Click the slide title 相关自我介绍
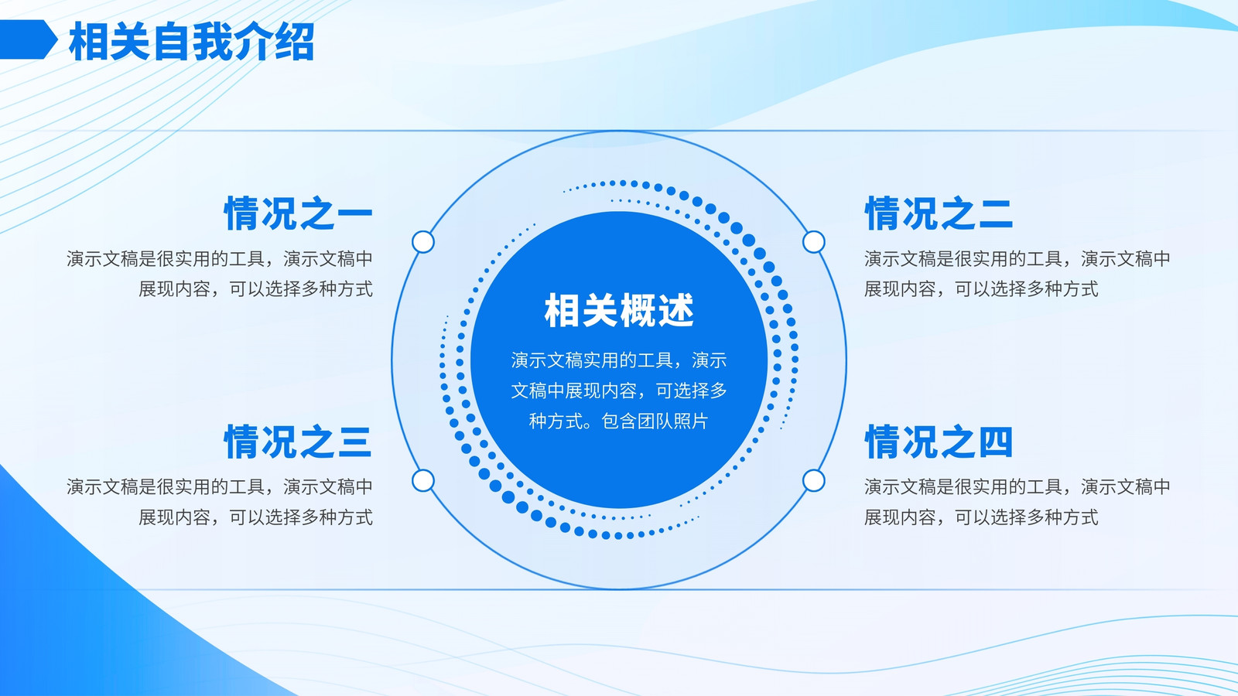click(x=192, y=42)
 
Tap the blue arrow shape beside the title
click(x=28, y=39)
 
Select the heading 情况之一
click(x=299, y=213)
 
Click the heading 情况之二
click(x=939, y=213)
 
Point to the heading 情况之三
click(x=299, y=442)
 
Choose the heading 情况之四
click(x=939, y=442)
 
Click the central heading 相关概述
click(x=619, y=310)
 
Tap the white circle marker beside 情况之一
click(x=423, y=242)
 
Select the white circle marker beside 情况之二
click(x=813, y=242)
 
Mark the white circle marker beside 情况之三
click(x=423, y=480)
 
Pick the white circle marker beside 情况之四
click(x=813, y=480)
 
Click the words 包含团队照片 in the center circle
click(x=655, y=421)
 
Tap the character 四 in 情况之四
click(x=995, y=442)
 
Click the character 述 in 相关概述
click(x=676, y=310)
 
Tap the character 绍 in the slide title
click(x=295, y=42)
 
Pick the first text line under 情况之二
click(x=1017, y=258)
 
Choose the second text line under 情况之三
click(x=256, y=517)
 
